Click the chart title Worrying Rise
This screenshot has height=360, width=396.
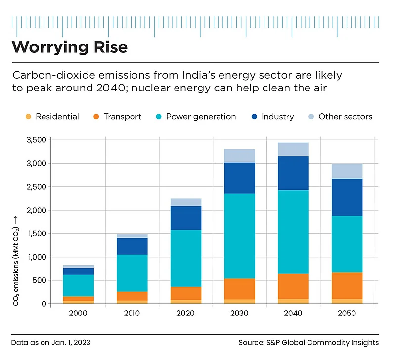[70, 47]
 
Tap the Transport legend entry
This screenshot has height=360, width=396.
[117, 117]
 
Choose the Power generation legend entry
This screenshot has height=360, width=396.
[195, 117]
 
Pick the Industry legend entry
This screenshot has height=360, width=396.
[272, 117]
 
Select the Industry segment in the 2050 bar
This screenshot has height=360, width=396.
[347, 197]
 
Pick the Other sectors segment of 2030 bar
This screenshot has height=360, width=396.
[240, 156]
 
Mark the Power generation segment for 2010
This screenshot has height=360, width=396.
[132, 273]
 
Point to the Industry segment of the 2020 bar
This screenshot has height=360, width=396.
[186, 218]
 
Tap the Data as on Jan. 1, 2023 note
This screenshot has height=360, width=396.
[51, 343]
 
